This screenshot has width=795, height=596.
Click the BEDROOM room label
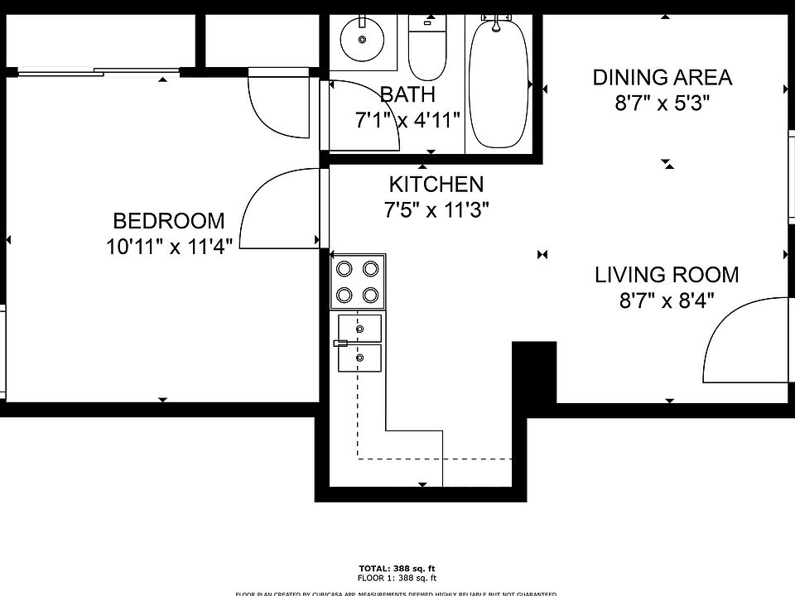coord(168,221)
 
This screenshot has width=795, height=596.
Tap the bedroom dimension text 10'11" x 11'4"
coord(168,245)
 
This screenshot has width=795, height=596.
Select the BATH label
coord(407,94)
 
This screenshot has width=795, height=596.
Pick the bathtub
coord(499,83)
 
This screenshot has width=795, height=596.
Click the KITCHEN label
coord(436,184)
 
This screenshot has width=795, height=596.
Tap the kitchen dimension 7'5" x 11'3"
coord(436,210)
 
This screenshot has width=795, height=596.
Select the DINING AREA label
coord(662,78)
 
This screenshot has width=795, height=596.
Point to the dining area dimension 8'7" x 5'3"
coord(662,103)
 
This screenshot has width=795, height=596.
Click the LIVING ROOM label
coord(667,275)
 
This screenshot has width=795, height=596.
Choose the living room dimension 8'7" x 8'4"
coord(667,300)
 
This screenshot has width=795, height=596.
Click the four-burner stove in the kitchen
coord(358,281)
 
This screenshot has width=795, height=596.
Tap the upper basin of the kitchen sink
coord(360,328)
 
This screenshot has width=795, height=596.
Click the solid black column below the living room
coord(534,372)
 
